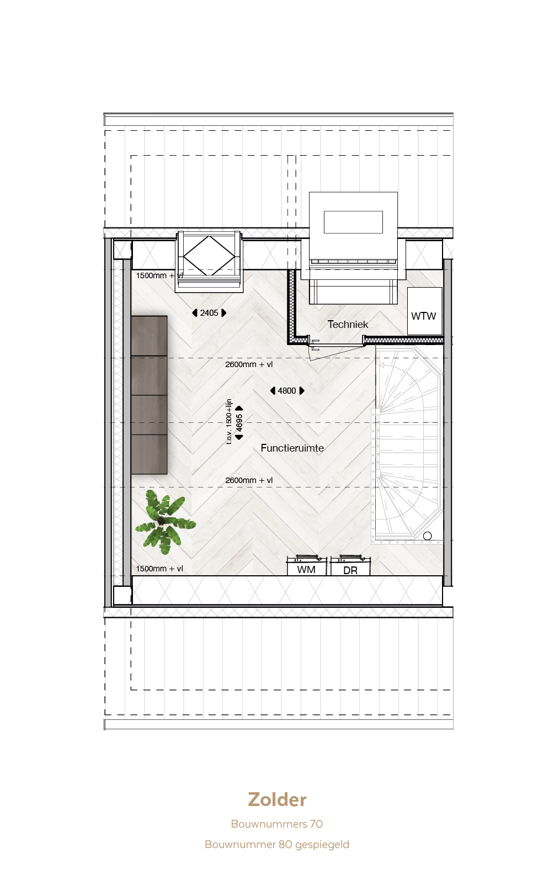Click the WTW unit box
(x=425, y=311)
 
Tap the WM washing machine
(x=307, y=566)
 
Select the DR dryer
(x=350, y=566)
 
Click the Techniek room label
(x=348, y=325)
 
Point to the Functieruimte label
(x=292, y=448)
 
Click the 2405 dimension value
(x=209, y=313)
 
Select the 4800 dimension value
(x=286, y=391)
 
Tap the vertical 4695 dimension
(x=239, y=423)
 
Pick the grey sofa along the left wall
(x=149, y=395)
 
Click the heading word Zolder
(x=277, y=800)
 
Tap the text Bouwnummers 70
(x=277, y=824)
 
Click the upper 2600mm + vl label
(x=249, y=364)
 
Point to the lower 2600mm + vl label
(x=249, y=480)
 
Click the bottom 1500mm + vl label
(x=159, y=569)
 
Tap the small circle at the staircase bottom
(x=428, y=536)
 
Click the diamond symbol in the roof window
(x=209, y=256)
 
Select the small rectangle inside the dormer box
(x=353, y=222)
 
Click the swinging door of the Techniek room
(x=337, y=352)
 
